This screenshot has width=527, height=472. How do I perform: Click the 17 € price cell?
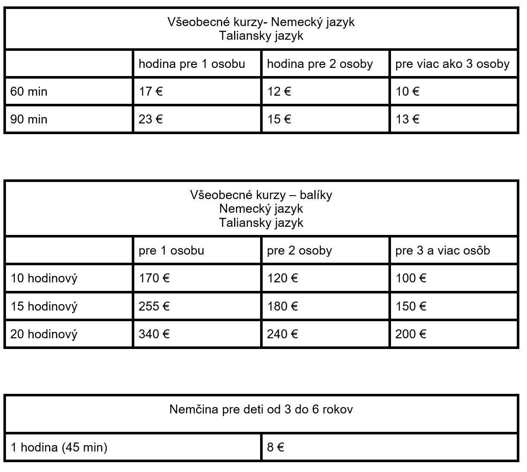coord(151,91)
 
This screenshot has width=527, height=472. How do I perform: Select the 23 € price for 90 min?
coord(151,119)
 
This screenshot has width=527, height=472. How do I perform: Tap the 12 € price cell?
coord(279,91)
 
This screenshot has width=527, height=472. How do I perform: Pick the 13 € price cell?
coord(407,119)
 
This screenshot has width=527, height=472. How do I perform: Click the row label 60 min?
coord(29,91)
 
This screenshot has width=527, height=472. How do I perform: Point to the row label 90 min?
coord(29,119)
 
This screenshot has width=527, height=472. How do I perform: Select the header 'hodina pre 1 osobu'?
coord(192,64)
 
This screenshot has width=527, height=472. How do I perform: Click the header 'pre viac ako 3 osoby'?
coord(452,64)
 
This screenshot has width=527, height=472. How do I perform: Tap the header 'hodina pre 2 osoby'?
coord(320,64)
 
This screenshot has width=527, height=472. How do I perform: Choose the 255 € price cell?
coord(154,306)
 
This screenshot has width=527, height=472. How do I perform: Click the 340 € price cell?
coord(154,334)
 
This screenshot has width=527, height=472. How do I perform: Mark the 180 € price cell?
coord(282,306)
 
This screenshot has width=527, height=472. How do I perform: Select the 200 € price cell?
coord(411,334)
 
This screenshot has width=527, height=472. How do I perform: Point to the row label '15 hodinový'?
coord(44,307)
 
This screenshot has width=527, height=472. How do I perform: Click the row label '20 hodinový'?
coord(44,334)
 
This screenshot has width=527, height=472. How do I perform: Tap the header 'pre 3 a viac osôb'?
coord(443,250)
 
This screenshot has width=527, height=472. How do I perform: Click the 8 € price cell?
coord(275,447)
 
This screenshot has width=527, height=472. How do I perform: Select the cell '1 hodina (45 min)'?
coord(59,447)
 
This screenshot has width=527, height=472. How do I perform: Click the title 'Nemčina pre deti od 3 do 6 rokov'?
coord(261,410)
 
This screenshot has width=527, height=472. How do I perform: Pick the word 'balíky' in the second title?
coord(316,195)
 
